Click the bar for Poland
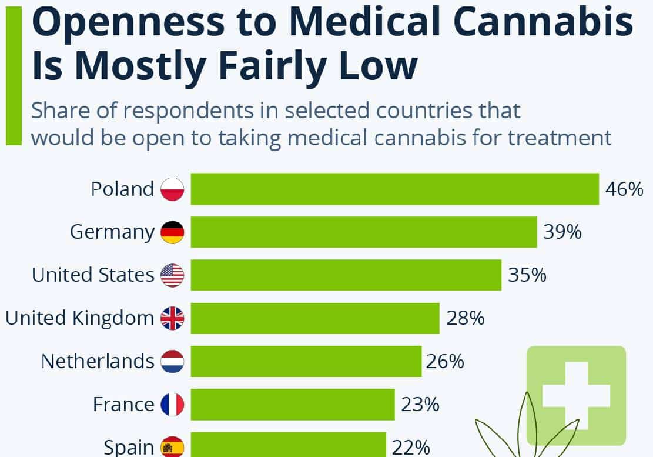pos(394,189)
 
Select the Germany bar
pos(364,232)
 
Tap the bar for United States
pos(346,275)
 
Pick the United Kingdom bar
pos(315,318)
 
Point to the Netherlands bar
pos(306,361)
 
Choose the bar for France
pos(293,404)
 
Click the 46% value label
pos(624,189)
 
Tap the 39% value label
pos(562,232)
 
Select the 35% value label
pos(527,275)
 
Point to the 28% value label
pos(466,318)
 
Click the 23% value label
pos(420,405)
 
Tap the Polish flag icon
pos(172,189)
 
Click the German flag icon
pos(172,232)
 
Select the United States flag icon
pos(172,275)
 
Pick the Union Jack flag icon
pos(172,318)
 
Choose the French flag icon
pos(172,405)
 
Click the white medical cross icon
pos(575,394)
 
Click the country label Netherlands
pos(98,361)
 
